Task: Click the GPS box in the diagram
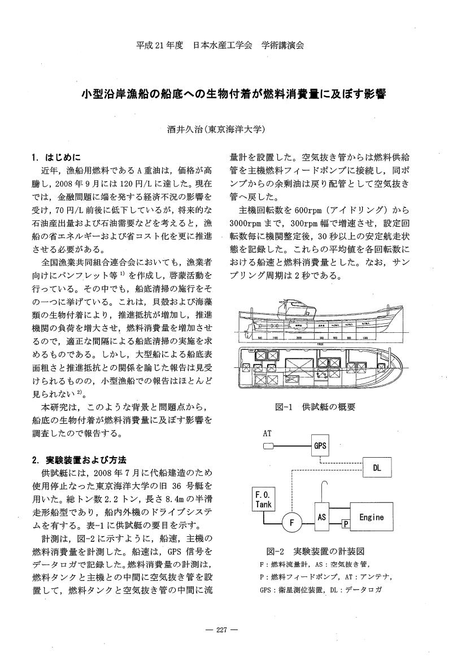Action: tap(320, 445)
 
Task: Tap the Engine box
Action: tap(371, 516)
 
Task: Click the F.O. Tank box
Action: tap(264, 499)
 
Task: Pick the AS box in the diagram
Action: tap(322, 516)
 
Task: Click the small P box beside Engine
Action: tap(346, 525)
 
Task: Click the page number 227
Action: tap(225, 631)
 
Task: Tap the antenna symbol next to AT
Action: tap(269, 446)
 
